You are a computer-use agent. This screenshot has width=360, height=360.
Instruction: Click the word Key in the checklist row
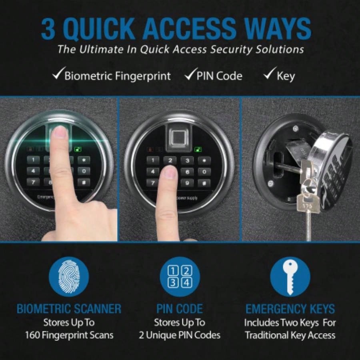pyautogui.click(x=286, y=76)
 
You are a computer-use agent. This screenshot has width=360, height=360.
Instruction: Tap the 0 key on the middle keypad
pyautogui.click(x=204, y=172)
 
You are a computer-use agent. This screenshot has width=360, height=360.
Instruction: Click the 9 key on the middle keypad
pyautogui.click(x=187, y=183)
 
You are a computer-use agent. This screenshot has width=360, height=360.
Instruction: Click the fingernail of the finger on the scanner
pyautogui.click(x=61, y=132)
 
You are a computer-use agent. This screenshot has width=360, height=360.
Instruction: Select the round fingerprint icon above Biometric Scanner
pyautogui.click(x=69, y=276)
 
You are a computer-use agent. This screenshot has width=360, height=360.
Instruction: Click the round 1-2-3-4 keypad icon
pyautogui.click(x=180, y=276)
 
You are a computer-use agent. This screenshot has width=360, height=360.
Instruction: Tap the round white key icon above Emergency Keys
pyautogui.click(x=290, y=276)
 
